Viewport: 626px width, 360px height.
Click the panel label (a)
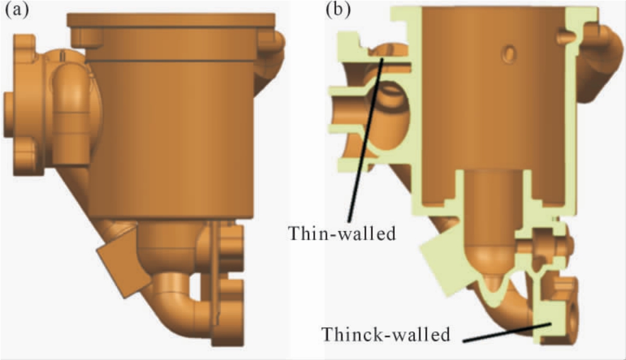tap(17, 9)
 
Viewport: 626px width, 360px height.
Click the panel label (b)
tap(338, 9)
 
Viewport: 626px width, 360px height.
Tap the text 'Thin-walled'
tap(342, 234)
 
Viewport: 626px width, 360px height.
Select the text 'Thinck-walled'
tap(386, 334)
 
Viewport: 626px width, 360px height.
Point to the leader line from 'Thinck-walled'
tap(507, 333)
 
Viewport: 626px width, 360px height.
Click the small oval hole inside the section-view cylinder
tap(509, 54)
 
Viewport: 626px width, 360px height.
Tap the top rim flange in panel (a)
tap(172, 20)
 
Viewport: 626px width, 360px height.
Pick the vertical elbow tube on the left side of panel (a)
tap(71, 116)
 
